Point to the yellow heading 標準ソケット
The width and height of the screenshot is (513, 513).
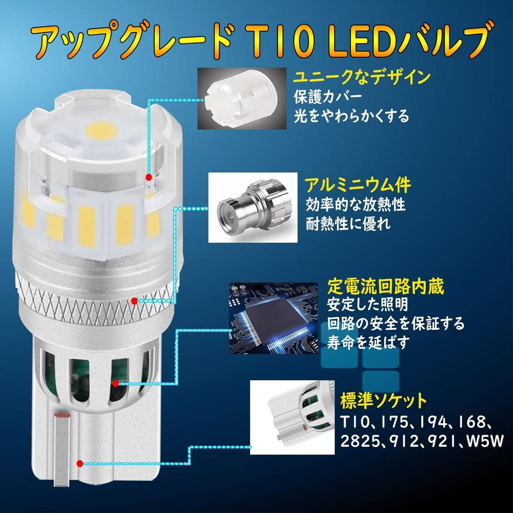point(383,401)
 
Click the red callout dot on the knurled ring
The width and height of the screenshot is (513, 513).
point(135,301)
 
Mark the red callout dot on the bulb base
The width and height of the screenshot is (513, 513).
point(80,464)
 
